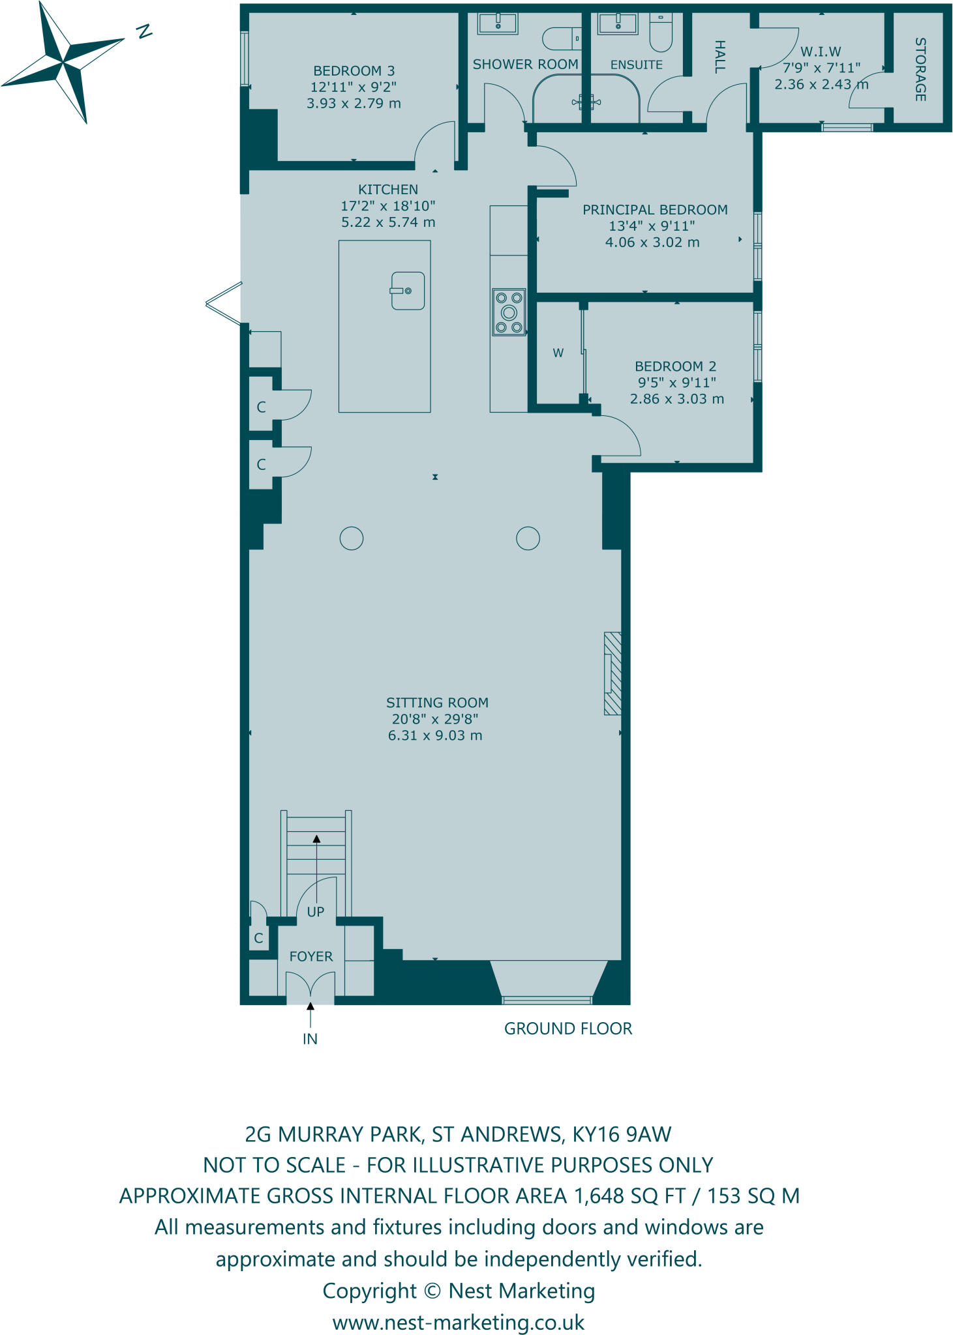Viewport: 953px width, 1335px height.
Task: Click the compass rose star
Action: coord(63,63)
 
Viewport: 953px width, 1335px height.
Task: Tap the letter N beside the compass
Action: coord(144,31)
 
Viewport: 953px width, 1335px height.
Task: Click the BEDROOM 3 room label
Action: coord(354,71)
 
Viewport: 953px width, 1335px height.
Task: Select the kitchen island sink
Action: coord(408,291)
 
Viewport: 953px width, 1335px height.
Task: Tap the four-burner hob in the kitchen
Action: coord(509,312)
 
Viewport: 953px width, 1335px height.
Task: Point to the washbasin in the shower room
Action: coord(498,23)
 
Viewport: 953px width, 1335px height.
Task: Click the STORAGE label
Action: coord(920,70)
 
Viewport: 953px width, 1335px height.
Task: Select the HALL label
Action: coord(719,57)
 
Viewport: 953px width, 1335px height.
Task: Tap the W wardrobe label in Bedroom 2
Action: coord(558,353)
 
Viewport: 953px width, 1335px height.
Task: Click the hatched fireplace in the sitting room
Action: coord(613,673)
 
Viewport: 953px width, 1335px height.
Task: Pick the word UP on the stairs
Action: coord(316,912)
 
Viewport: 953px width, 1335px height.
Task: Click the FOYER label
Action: coord(311,956)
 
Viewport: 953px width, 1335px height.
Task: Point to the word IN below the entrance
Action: coord(310,1039)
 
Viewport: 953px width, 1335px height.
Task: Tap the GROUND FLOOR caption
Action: coord(568,1029)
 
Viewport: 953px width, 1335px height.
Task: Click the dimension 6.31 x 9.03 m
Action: coord(435,736)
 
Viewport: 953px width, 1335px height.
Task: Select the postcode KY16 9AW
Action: coord(622,1134)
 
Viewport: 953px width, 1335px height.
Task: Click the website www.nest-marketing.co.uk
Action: coord(459,1323)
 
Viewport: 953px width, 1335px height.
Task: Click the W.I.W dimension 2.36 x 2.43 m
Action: coord(821,85)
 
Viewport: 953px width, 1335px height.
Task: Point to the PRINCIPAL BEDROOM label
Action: coord(655,210)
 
